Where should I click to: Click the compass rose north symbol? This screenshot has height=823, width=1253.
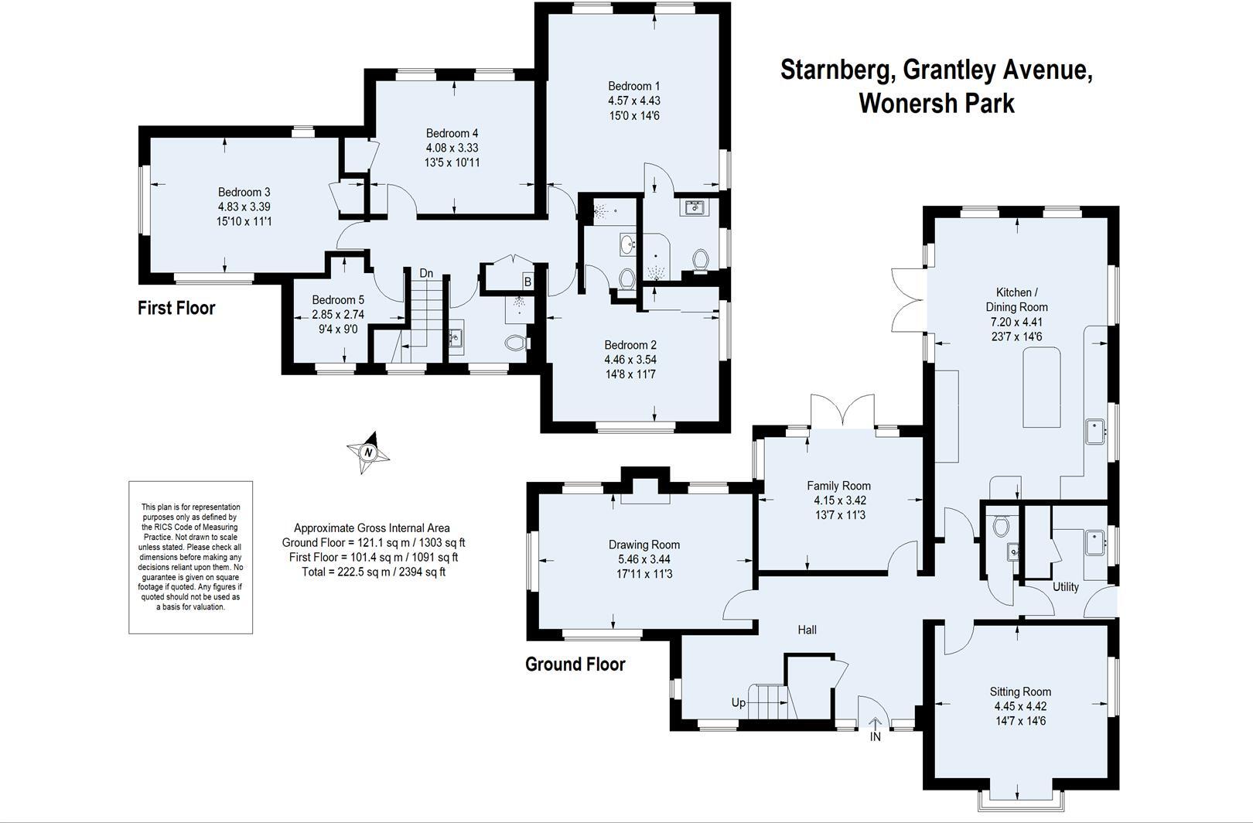point(369,452)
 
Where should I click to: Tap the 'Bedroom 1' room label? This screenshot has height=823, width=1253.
point(633,86)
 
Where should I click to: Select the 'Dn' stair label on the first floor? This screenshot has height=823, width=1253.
point(426,273)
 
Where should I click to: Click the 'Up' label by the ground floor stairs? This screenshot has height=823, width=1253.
point(739,703)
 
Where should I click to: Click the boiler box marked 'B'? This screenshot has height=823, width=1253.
point(527,282)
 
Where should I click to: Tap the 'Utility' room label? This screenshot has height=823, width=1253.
point(1065,586)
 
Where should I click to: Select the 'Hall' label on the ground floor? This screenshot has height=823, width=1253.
point(807,630)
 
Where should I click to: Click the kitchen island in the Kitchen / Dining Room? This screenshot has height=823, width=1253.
point(1042,387)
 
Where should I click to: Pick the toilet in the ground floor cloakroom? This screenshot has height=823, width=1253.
point(1001,526)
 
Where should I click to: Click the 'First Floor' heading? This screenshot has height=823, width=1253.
point(176,308)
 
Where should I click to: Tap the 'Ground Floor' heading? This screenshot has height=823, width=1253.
point(575,664)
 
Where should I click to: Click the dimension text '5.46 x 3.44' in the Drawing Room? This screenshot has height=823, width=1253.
point(644,559)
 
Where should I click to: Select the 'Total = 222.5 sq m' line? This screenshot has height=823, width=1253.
point(373,572)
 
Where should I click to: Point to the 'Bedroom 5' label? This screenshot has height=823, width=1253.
point(338,300)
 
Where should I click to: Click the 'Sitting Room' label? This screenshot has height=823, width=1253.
point(1020,692)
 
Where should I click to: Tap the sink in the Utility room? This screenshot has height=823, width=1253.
point(1094,542)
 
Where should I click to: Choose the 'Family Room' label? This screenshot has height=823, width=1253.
point(838,486)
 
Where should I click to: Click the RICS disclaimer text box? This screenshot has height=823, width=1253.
point(190,557)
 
